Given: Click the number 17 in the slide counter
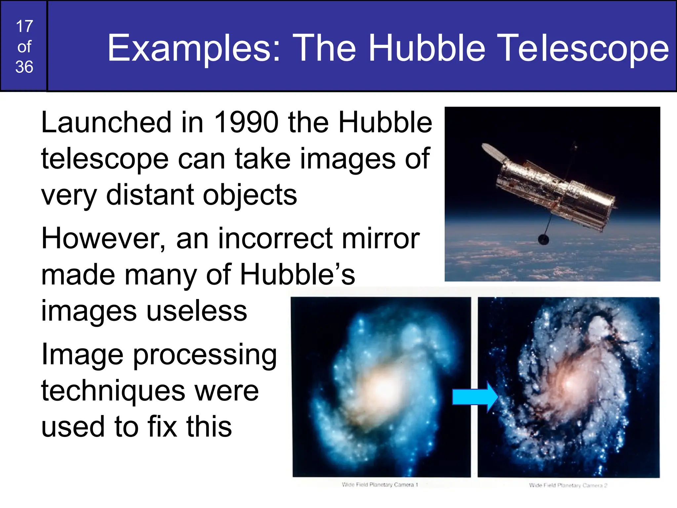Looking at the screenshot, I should [x=24, y=26].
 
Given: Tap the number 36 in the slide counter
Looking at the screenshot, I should [x=24, y=67].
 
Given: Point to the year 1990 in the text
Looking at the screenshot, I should [x=246, y=122].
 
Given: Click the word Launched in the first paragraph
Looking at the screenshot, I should [x=106, y=122].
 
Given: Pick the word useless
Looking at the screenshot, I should [x=197, y=311].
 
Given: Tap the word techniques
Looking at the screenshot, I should [x=113, y=391].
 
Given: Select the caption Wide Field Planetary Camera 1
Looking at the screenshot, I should [x=380, y=485].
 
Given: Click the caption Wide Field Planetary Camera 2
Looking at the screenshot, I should [x=568, y=485].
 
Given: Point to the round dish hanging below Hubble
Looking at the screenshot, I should [x=543, y=239].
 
